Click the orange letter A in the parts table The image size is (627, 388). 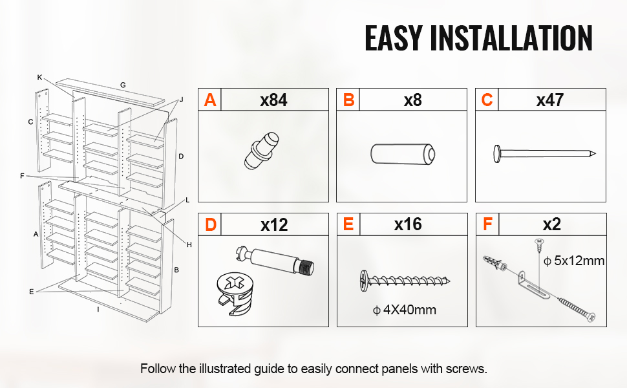(x=210, y=100)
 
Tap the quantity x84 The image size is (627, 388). (x=273, y=100)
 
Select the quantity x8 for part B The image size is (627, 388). (x=412, y=100)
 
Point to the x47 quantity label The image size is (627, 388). (x=550, y=100)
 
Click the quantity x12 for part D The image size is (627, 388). (x=274, y=225)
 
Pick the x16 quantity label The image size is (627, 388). (x=408, y=224)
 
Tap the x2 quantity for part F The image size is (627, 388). (x=552, y=224)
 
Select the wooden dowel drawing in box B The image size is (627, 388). (x=403, y=154)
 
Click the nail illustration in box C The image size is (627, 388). (x=544, y=154)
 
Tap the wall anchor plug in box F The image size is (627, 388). (x=495, y=263)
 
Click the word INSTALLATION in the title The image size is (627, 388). (x=511, y=38)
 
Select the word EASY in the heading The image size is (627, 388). (x=393, y=38)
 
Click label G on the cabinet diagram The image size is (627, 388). (x=123, y=85)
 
